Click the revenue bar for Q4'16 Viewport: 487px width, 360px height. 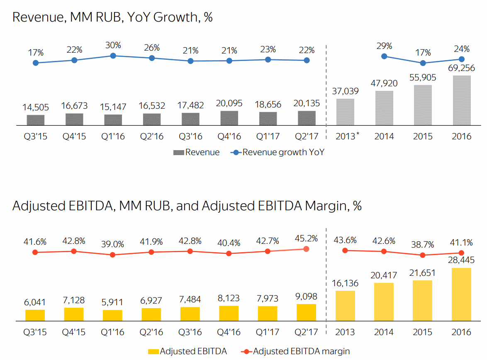click(x=229, y=118)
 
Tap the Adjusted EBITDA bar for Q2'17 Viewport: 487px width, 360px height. click(x=307, y=313)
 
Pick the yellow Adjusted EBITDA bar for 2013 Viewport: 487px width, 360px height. click(x=345, y=306)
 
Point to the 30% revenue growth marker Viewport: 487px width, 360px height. click(x=113, y=56)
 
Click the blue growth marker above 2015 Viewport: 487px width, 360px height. click(x=423, y=63)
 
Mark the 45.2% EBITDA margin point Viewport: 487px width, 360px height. click(x=307, y=249)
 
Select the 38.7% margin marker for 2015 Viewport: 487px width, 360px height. click(x=423, y=255)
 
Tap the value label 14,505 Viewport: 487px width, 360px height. click(x=35, y=107)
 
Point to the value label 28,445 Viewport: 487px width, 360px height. click(x=461, y=260)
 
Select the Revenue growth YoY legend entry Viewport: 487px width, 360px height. click(x=278, y=152)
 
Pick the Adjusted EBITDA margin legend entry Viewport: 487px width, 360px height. click(x=296, y=351)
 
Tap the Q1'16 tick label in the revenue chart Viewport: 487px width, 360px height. click(x=113, y=136)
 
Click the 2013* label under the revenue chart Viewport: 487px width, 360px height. click(x=347, y=136)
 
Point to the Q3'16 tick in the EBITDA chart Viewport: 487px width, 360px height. click(x=190, y=332)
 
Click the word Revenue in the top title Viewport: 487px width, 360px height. click(x=37, y=17)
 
